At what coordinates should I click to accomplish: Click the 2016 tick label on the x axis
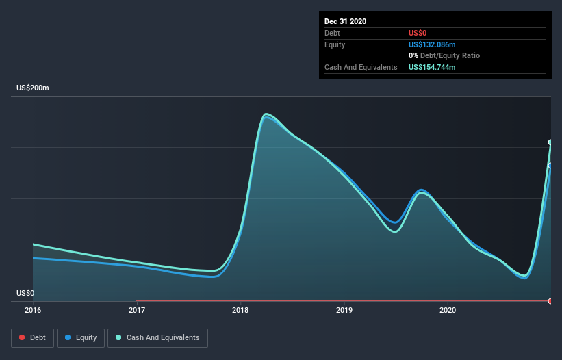33,310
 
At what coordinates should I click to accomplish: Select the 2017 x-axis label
137,310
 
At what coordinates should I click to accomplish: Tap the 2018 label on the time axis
240,310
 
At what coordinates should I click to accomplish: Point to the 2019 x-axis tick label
344,310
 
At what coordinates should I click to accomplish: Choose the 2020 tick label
448,310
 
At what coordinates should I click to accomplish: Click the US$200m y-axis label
33,88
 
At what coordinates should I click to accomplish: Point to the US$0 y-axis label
25,293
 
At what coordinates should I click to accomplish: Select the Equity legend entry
80,337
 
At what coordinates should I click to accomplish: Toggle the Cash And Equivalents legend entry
157,337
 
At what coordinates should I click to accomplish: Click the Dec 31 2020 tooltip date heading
345,21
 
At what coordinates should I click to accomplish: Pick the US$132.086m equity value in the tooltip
432,44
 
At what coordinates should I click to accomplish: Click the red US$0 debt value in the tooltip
418,33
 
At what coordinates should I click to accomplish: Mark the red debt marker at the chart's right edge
550,301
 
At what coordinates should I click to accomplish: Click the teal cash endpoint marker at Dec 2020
550,142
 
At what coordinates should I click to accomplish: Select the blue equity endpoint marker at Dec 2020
550,166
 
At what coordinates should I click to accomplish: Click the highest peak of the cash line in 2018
266,114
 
